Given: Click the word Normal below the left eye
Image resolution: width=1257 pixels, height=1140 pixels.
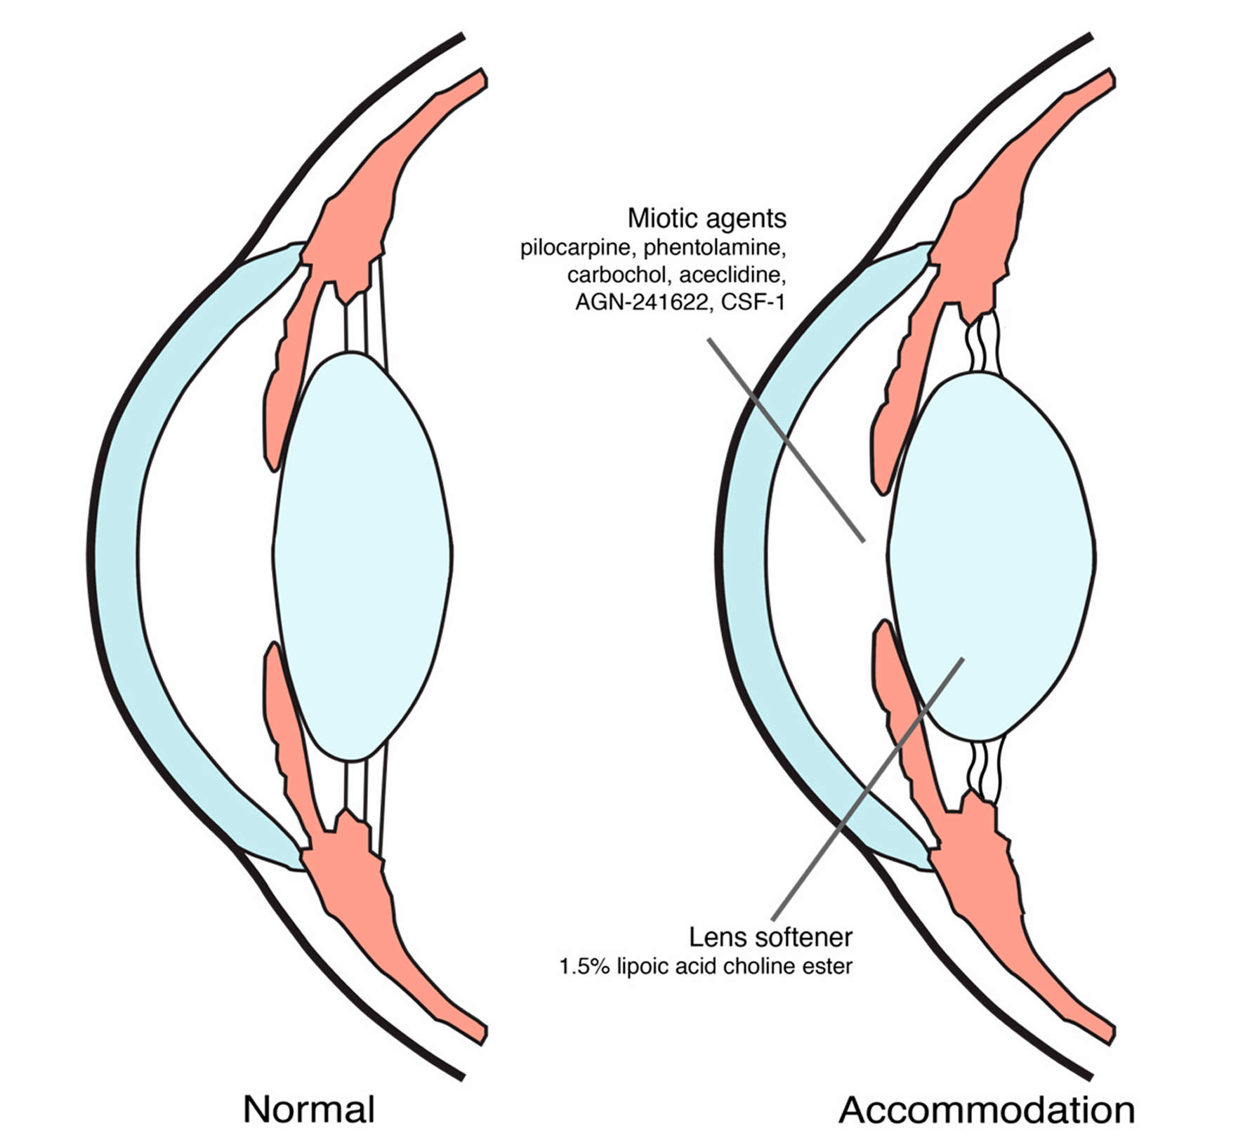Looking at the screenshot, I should tap(308, 1110).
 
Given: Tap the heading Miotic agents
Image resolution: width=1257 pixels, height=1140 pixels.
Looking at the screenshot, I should tap(706, 218).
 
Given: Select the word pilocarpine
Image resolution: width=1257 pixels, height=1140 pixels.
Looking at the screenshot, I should tap(578, 248).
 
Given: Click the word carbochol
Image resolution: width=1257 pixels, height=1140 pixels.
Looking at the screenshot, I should tap(619, 275).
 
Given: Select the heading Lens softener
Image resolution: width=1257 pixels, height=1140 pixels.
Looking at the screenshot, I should tap(770, 937).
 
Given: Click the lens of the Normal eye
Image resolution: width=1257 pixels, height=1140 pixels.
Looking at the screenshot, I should tap(362, 555).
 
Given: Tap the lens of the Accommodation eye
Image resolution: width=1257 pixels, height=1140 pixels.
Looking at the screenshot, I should tap(990, 555).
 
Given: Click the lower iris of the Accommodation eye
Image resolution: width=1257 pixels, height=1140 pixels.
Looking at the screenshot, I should tap(899, 702).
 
